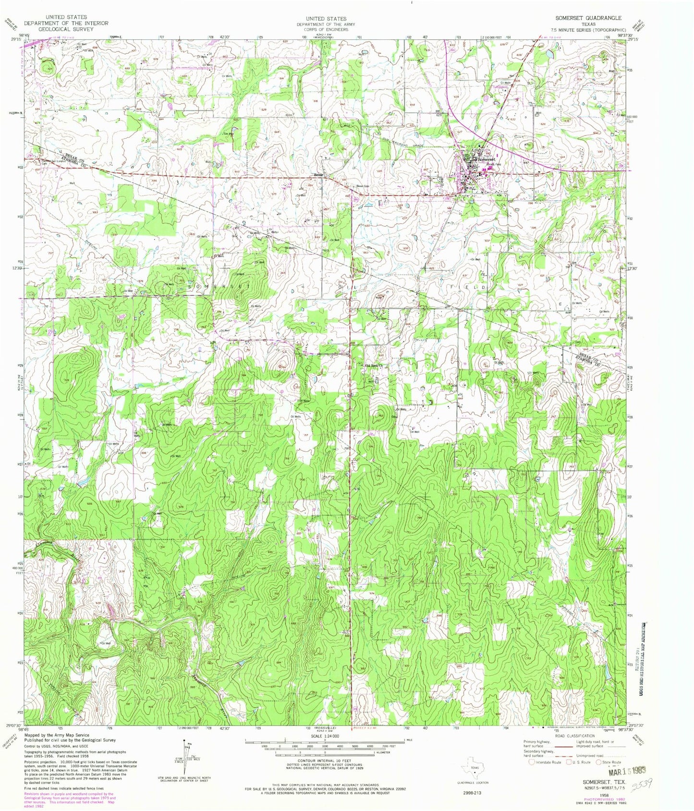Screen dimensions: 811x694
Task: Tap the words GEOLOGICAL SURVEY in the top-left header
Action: tap(66, 28)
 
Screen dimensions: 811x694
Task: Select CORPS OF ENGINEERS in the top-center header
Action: tap(321, 29)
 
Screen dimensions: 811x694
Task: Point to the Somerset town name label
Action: tap(482, 159)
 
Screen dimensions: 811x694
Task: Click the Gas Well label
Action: tap(229, 134)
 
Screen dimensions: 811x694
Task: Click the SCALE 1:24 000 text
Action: tap(324, 736)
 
